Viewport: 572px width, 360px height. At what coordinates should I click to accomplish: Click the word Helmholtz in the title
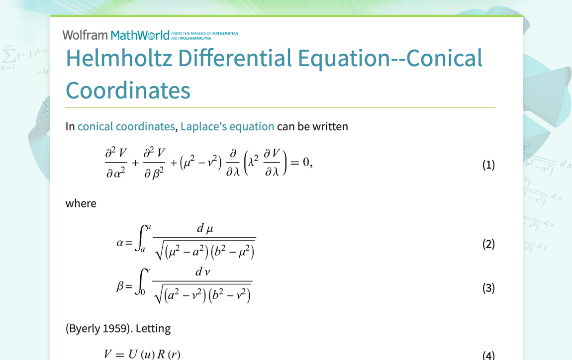(x=119, y=58)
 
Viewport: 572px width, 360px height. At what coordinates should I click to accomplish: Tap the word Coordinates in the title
(x=128, y=90)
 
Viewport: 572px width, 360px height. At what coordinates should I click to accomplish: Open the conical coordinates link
(x=126, y=126)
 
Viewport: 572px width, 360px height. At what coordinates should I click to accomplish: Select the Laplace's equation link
(x=227, y=126)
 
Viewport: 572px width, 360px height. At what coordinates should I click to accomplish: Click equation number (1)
(x=488, y=165)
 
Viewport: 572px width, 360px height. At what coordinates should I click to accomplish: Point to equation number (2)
(x=488, y=244)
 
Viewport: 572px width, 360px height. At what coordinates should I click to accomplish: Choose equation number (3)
(x=488, y=288)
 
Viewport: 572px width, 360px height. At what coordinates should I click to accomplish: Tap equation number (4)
(x=488, y=355)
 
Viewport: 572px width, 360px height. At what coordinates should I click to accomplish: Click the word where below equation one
(x=81, y=203)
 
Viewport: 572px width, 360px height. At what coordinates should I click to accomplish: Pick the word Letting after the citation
(x=153, y=329)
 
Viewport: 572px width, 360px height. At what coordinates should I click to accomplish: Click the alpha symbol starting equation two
(x=120, y=243)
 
